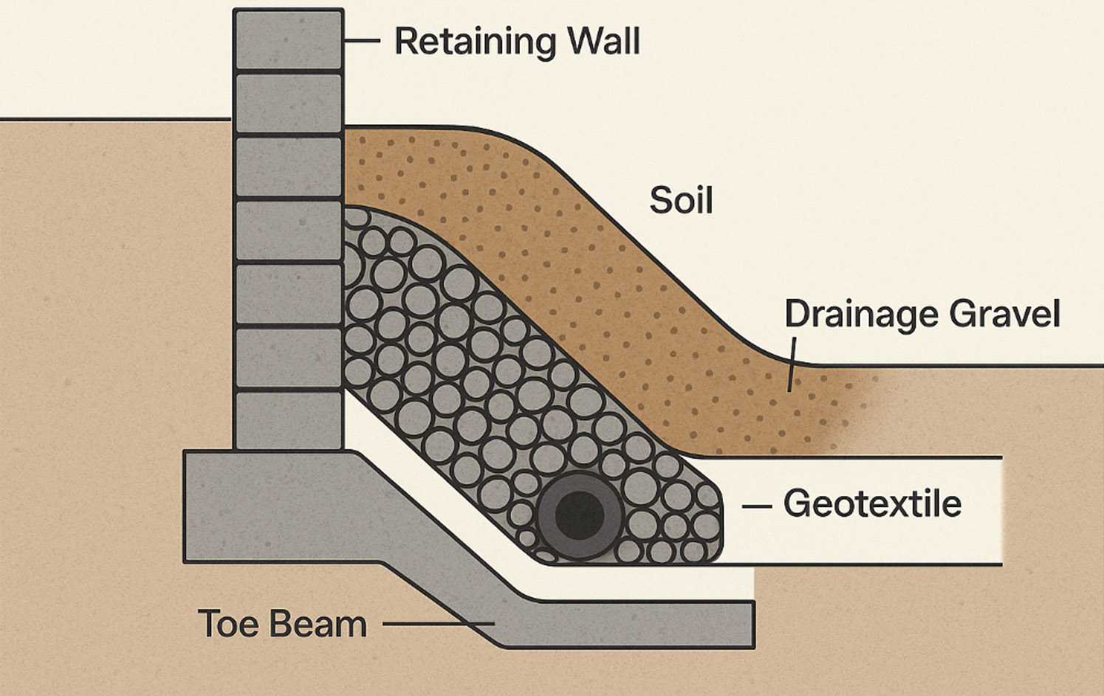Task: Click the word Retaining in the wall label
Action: tap(472, 41)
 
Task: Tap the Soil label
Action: tap(681, 201)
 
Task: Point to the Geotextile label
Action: tap(872, 504)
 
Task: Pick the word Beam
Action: tap(317, 624)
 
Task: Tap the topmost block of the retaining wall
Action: tap(288, 38)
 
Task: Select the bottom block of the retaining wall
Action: tap(288, 419)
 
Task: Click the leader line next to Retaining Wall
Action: tap(362, 41)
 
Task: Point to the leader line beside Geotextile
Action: tap(756, 506)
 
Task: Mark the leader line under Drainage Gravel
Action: tap(792, 364)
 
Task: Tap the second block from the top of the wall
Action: tap(288, 103)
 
